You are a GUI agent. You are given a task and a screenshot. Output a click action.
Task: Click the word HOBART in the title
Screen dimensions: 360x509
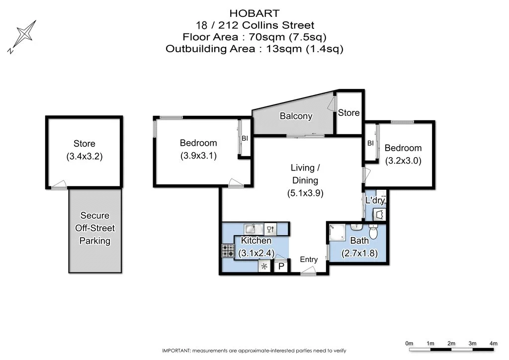(x=254, y=13)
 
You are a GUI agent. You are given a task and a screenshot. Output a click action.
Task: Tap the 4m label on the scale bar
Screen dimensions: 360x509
(x=493, y=344)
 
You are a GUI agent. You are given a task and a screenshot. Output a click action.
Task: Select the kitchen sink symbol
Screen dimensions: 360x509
(x=254, y=229)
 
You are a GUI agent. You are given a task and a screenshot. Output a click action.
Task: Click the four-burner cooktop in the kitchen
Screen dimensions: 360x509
(x=228, y=250)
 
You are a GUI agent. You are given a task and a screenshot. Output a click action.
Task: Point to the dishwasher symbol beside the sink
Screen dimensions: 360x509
(x=270, y=229)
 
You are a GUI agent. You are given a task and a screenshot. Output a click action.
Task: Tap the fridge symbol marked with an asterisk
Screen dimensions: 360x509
(x=264, y=267)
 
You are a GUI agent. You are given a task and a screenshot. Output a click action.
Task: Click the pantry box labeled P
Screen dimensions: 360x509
(x=280, y=267)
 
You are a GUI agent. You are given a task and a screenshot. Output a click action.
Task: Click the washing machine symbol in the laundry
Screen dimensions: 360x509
(x=380, y=214)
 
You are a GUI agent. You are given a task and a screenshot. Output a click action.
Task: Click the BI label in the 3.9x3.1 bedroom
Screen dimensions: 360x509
(x=245, y=138)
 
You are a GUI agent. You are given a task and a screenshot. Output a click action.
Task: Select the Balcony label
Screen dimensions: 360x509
(x=296, y=116)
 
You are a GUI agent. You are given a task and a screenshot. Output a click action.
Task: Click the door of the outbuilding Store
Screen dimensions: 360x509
(x=59, y=184)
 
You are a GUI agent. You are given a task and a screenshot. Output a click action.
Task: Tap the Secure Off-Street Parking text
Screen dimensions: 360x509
(x=94, y=228)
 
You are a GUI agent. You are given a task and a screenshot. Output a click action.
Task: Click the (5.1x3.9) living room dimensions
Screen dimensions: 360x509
(x=305, y=194)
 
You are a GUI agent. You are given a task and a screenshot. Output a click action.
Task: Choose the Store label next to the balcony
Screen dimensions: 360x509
(x=348, y=113)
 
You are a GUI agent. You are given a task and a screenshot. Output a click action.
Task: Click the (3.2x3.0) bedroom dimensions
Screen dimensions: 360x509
(x=403, y=161)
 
